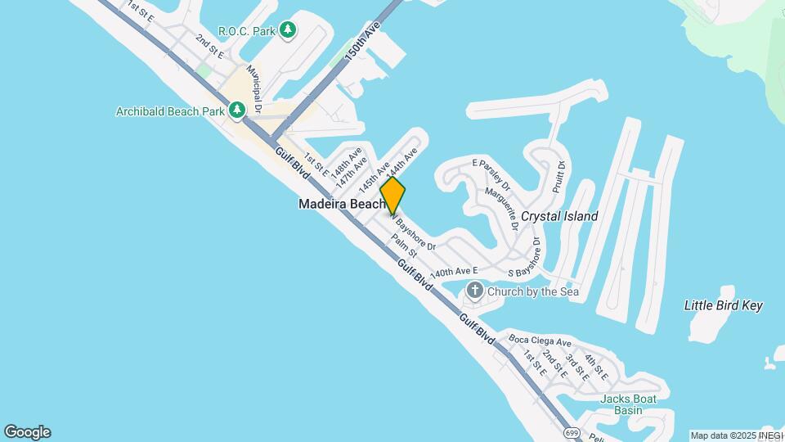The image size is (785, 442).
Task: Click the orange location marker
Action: [392, 196]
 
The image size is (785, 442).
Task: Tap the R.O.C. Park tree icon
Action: [287, 31]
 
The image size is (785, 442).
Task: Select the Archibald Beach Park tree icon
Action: [237, 110]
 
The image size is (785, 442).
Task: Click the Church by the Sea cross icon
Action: [474, 291]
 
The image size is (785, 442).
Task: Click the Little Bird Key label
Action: [723, 305]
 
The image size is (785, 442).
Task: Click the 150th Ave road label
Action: [352, 40]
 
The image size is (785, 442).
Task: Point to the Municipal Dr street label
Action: [255, 90]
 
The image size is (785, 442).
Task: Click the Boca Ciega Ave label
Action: [540, 341]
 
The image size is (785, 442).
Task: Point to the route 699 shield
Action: [571, 431]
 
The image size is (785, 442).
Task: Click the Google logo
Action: [27, 431]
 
